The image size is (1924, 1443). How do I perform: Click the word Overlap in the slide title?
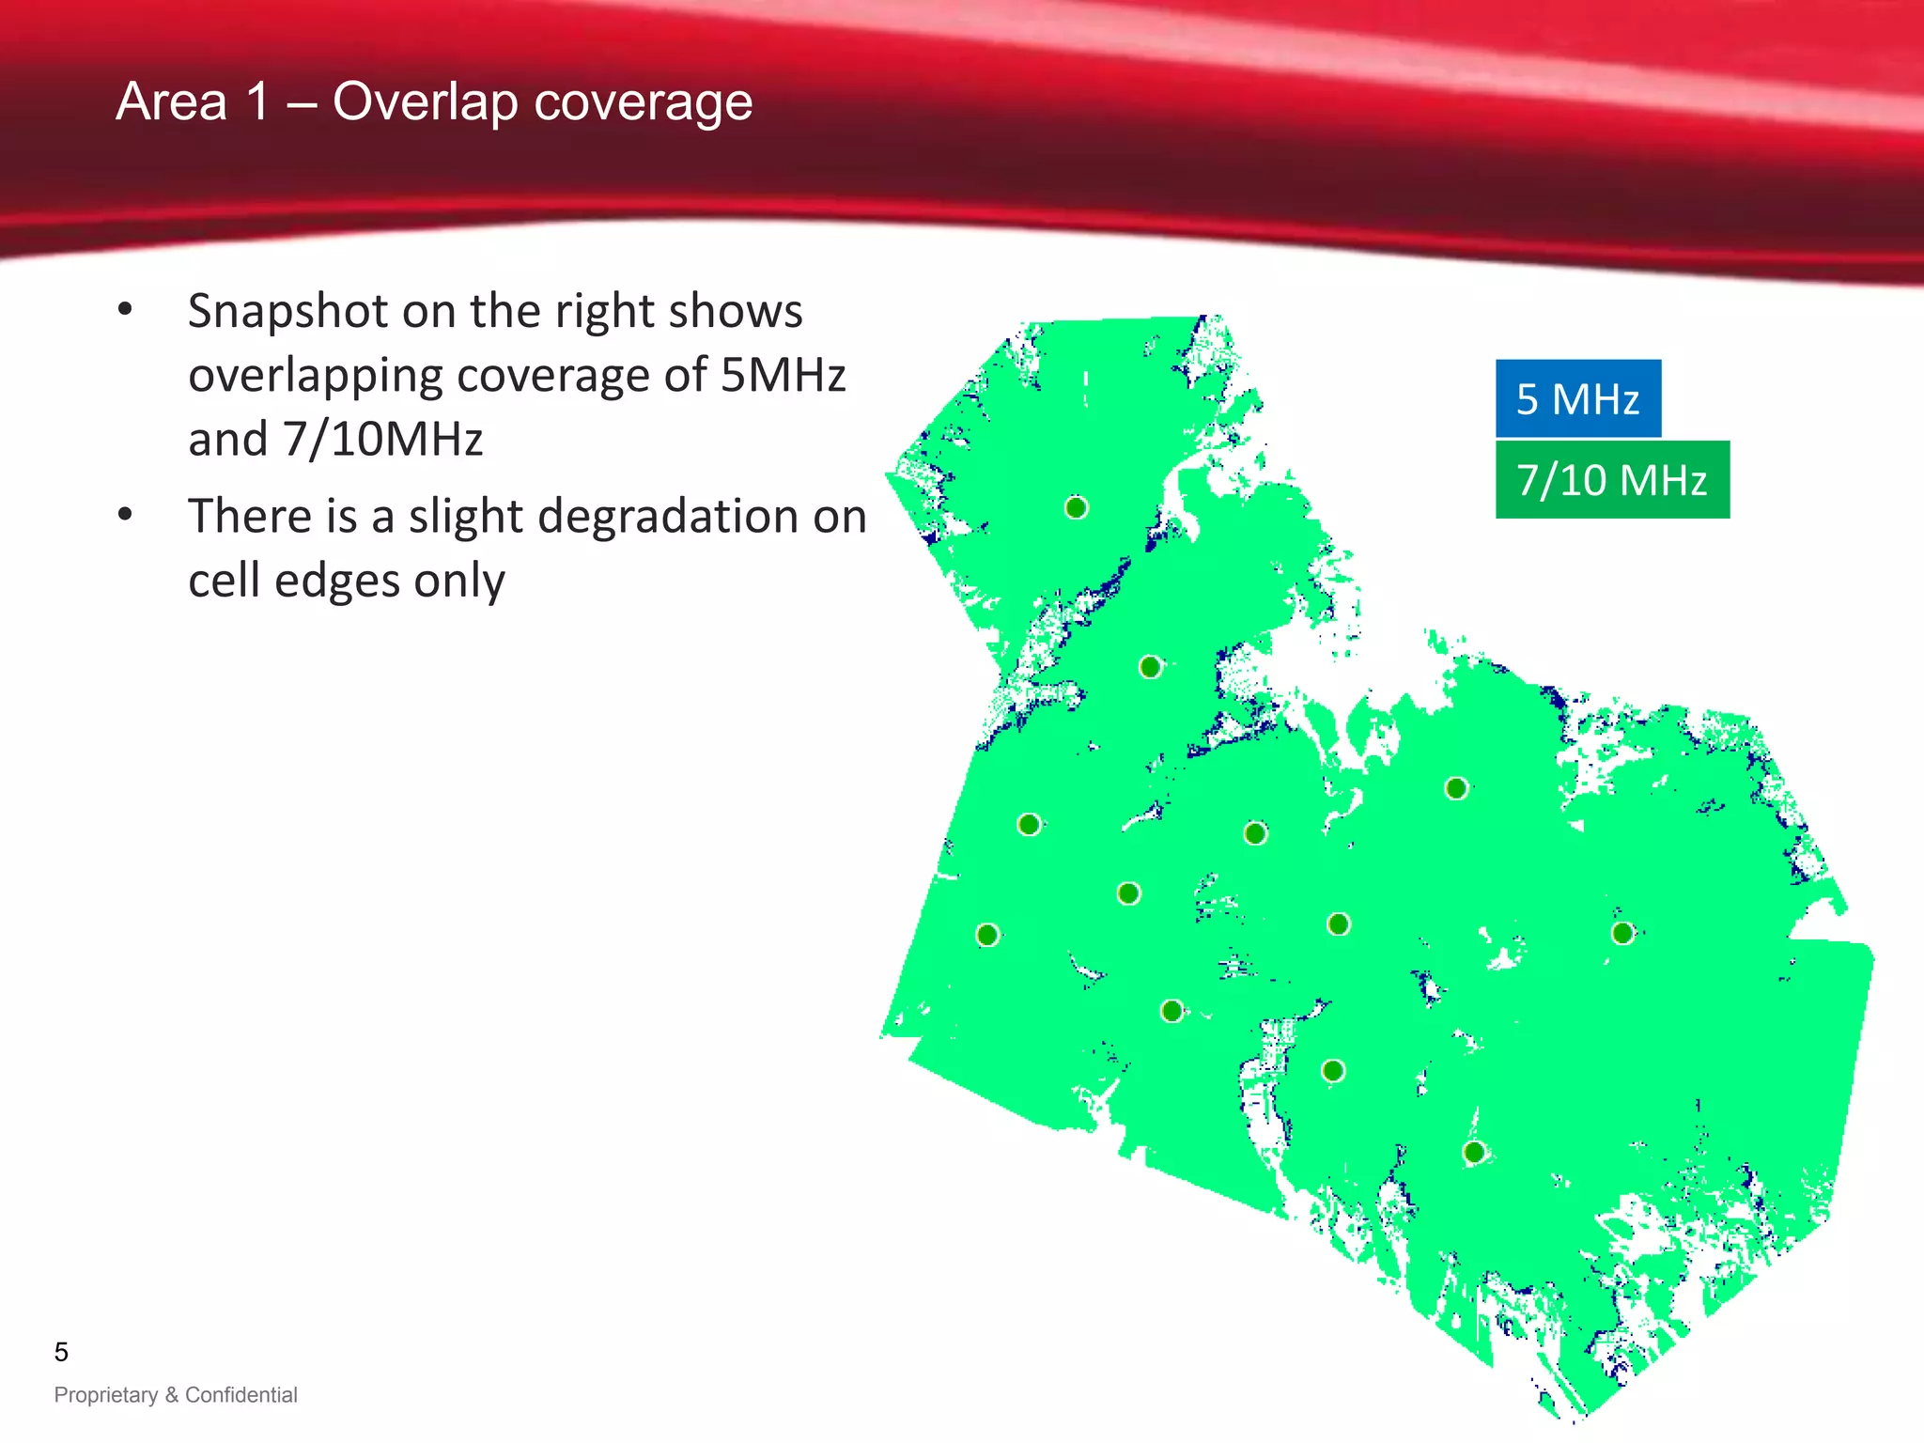point(425,102)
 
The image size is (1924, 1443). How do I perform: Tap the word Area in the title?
point(171,101)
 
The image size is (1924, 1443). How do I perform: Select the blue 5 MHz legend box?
point(1577,398)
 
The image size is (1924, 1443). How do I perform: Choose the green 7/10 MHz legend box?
point(1611,480)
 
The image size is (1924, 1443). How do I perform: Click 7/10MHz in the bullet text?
point(383,440)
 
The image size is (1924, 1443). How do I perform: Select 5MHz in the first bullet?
point(783,376)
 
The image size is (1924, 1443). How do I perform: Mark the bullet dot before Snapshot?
point(126,310)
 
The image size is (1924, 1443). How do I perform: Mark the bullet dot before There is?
point(126,515)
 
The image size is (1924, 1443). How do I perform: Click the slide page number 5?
point(61,1352)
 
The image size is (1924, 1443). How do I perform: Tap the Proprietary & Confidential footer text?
point(176,1395)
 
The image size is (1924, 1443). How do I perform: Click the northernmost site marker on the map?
point(1077,508)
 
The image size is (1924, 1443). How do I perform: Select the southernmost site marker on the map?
point(1474,1152)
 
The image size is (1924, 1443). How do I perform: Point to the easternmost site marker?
point(1622,933)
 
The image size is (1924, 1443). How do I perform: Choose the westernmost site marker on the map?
point(987,935)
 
